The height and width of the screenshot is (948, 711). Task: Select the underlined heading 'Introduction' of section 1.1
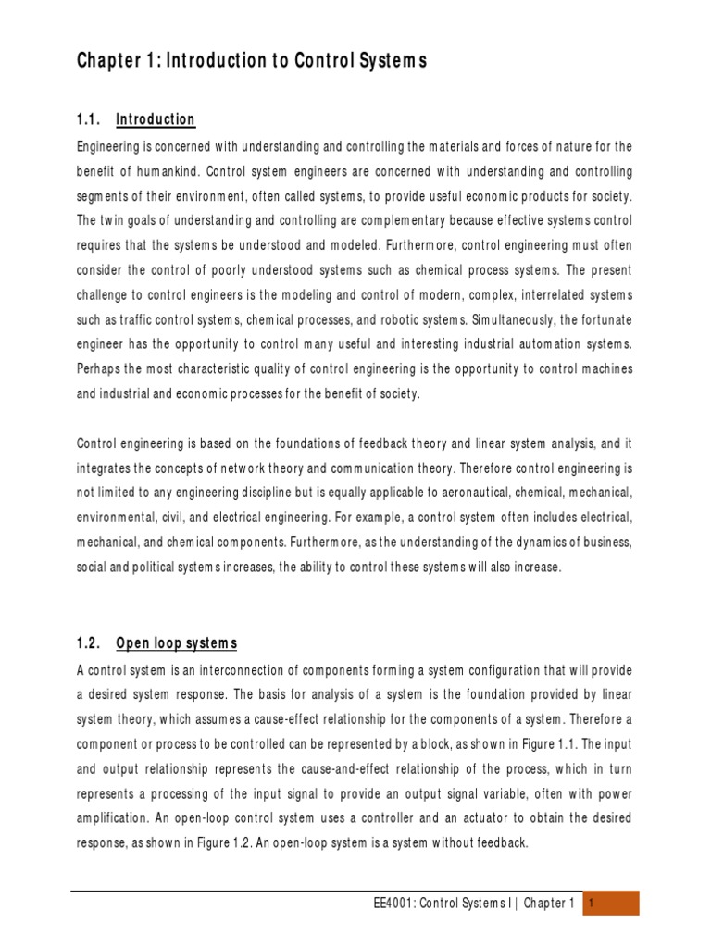[x=156, y=119]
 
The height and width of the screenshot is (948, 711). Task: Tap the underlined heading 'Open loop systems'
[x=177, y=643]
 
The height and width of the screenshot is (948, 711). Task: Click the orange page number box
[x=610, y=904]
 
